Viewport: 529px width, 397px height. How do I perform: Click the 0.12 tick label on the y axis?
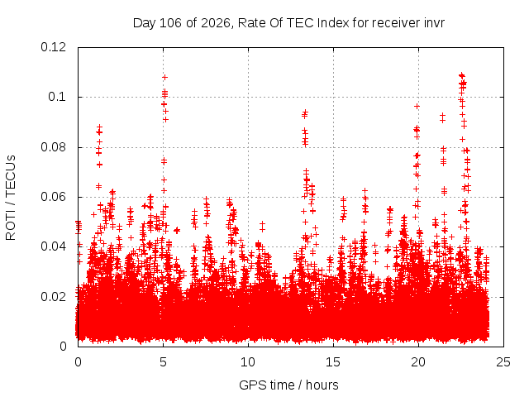click(x=53, y=47)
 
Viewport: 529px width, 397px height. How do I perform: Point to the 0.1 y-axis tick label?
click(x=57, y=97)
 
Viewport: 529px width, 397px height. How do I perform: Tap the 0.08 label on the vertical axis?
click(x=53, y=147)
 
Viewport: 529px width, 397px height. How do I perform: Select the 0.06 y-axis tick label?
click(x=53, y=197)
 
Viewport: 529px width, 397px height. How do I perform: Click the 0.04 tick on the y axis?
click(x=53, y=246)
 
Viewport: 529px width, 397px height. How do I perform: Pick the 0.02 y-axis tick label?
click(x=53, y=297)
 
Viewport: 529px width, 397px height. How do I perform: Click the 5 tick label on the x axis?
click(x=164, y=362)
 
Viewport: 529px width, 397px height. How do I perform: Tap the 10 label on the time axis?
click(x=248, y=362)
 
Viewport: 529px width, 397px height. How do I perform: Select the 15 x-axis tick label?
click(x=333, y=362)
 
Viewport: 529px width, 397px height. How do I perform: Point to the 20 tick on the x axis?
click(x=418, y=362)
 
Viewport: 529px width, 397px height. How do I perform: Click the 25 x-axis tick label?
click(x=503, y=362)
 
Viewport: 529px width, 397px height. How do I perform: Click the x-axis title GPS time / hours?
click(x=288, y=385)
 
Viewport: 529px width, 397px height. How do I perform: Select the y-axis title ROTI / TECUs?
click(x=11, y=198)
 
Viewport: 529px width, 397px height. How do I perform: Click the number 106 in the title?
click(x=170, y=23)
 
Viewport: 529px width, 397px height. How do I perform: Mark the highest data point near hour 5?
click(x=164, y=77)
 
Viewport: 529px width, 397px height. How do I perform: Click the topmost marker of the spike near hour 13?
click(x=305, y=112)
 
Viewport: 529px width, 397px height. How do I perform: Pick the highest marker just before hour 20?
click(x=417, y=107)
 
